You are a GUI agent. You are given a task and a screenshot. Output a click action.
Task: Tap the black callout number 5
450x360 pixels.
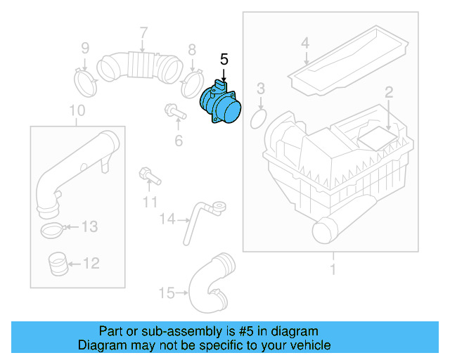tap(224, 60)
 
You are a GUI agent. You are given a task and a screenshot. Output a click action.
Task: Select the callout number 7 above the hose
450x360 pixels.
tap(143, 32)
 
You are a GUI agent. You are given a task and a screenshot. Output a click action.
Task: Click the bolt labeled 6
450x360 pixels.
tap(175, 111)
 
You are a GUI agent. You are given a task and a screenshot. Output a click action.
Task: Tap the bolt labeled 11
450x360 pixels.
tap(150, 176)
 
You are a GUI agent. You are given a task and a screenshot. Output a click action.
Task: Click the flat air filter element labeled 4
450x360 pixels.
tap(348, 61)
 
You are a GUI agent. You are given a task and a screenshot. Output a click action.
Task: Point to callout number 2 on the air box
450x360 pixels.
tap(389, 92)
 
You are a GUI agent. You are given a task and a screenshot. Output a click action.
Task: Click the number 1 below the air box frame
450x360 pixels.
tap(333, 269)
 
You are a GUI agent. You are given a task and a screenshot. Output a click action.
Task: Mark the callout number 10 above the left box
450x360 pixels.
tap(77, 110)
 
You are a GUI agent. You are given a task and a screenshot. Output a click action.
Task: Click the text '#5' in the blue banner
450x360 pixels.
tap(246, 331)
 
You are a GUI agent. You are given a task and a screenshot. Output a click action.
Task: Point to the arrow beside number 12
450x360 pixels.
tap(75, 264)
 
